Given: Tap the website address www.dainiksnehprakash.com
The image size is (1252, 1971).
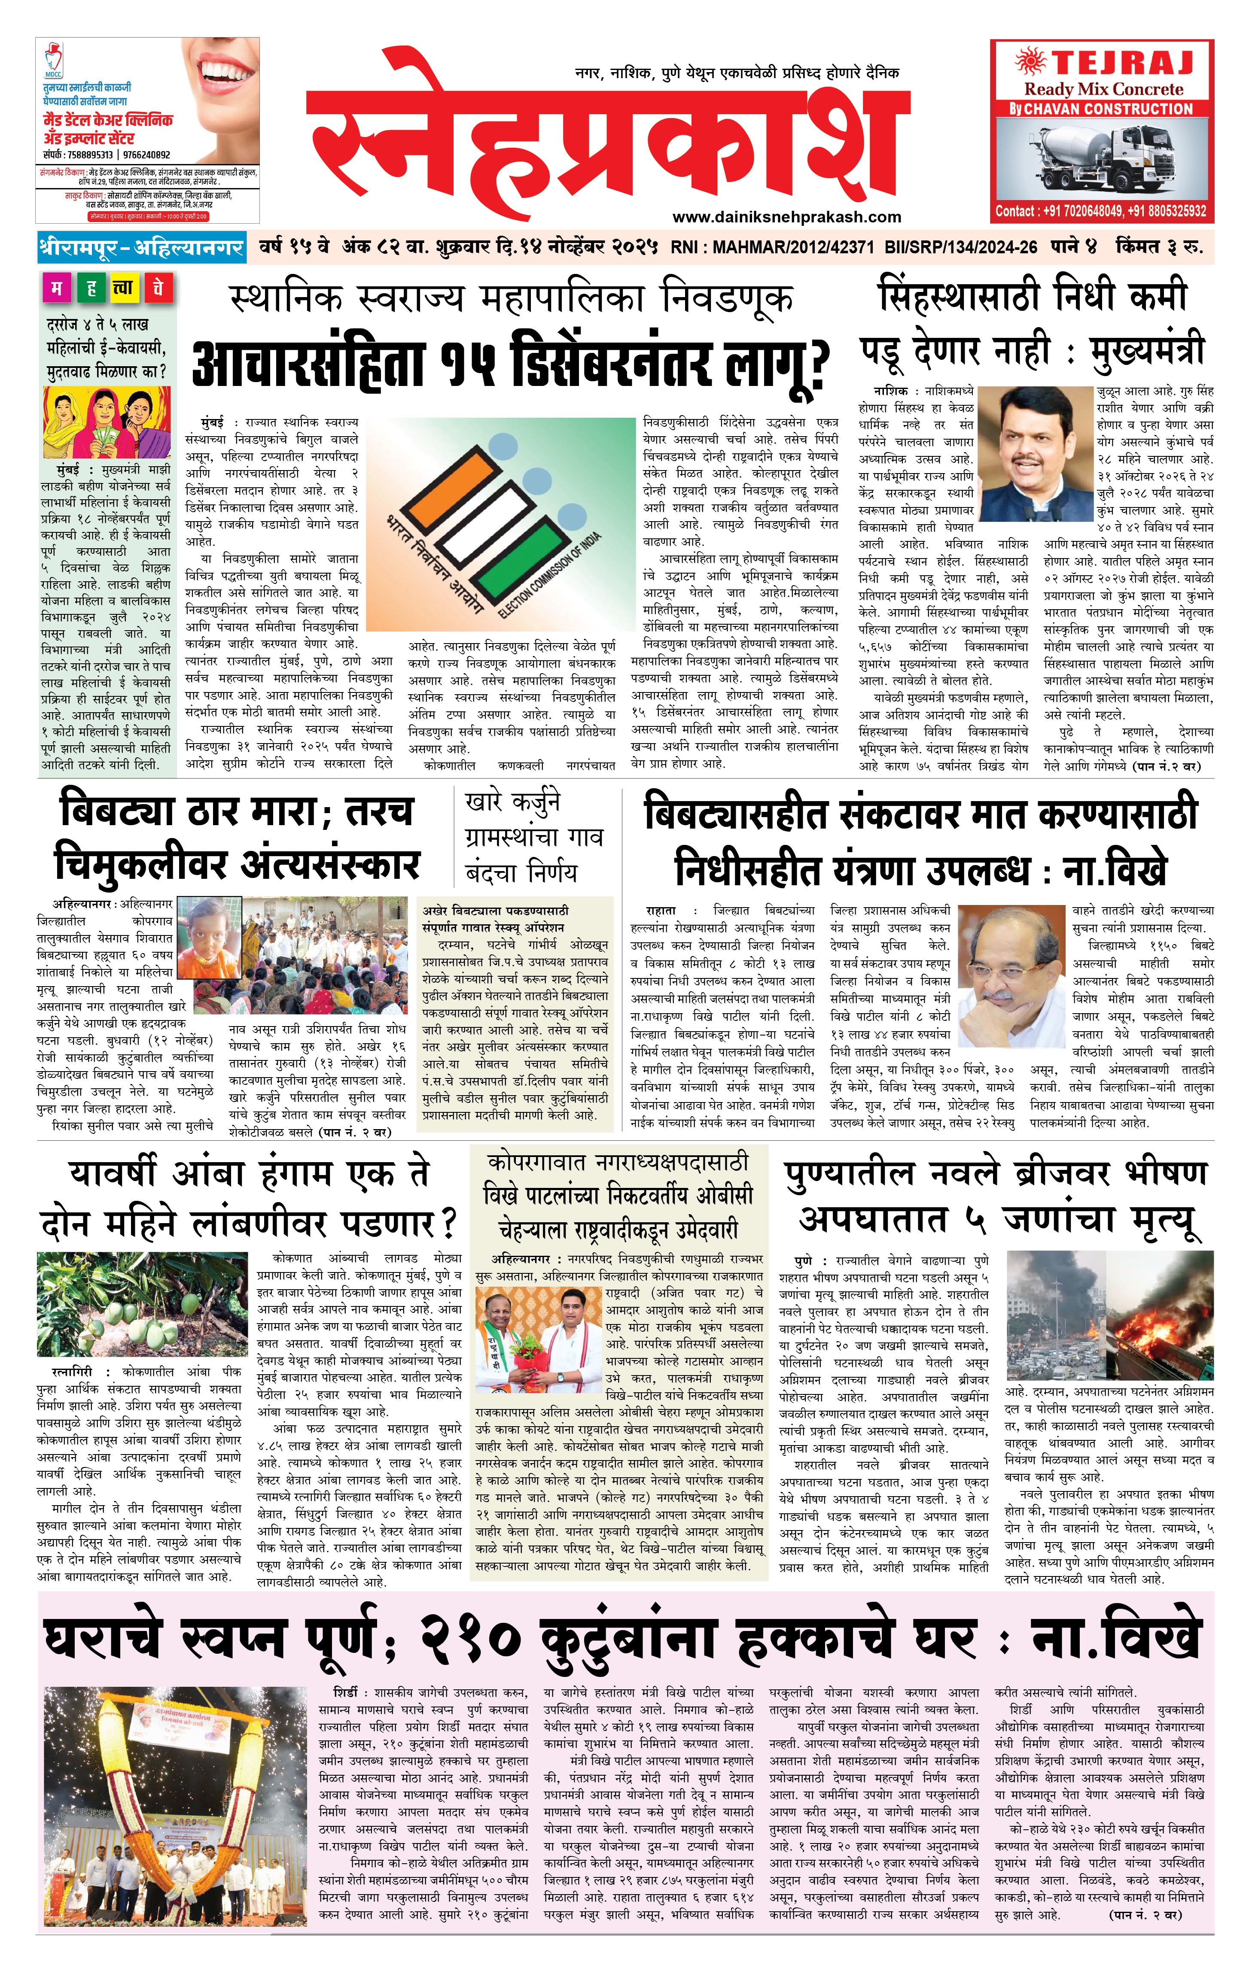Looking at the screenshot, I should point(786,217).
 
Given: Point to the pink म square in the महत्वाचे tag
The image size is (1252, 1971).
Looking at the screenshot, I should point(57,288).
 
